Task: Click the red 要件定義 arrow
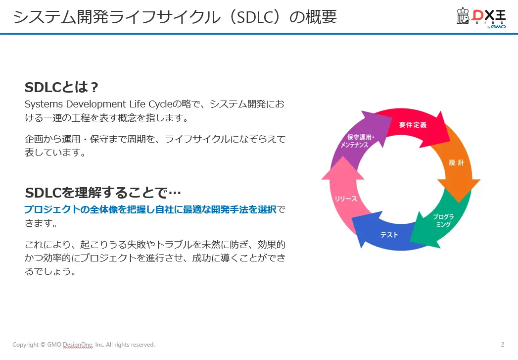[x=413, y=125]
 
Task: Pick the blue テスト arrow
[x=389, y=234]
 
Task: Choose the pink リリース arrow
[x=346, y=198]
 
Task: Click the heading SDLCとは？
[x=62, y=88]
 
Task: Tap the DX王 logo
[x=481, y=18]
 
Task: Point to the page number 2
[x=502, y=345]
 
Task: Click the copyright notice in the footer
[x=84, y=345]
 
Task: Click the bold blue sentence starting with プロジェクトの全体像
[x=150, y=209]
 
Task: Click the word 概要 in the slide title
[x=323, y=17]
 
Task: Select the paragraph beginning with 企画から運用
[x=154, y=146]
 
